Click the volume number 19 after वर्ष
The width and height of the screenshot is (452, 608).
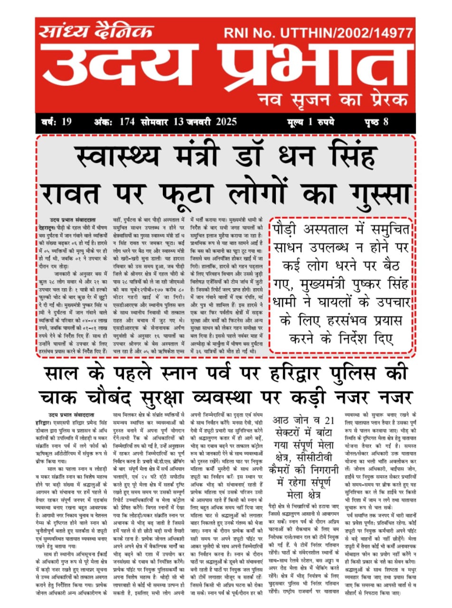click(x=66, y=122)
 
